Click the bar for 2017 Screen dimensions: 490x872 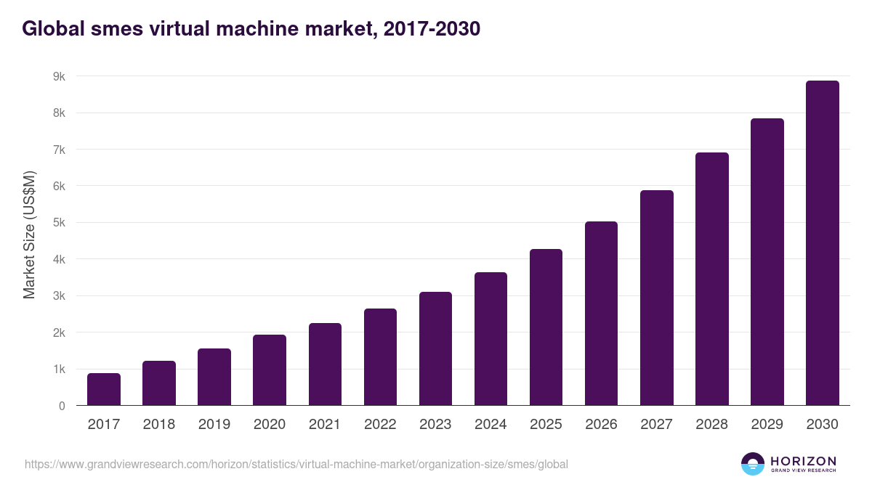(x=104, y=389)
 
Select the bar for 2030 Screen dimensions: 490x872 (x=822, y=243)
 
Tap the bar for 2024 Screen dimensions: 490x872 (x=490, y=339)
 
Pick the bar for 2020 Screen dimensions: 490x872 (x=270, y=370)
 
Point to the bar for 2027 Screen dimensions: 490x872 (x=656, y=298)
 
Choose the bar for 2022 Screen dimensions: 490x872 (x=380, y=357)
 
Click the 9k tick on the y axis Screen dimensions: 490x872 (x=58, y=76)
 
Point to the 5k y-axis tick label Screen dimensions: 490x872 (x=58, y=223)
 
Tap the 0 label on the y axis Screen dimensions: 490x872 (x=62, y=406)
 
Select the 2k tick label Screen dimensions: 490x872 (x=58, y=332)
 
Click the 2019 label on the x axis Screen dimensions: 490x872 (x=214, y=425)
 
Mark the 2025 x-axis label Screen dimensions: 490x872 (x=546, y=425)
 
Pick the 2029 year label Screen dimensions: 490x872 (x=767, y=425)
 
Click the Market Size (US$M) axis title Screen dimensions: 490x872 (x=29, y=234)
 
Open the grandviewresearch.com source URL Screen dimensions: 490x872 (x=296, y=464)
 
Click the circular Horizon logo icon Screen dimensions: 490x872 (x=753, y=464)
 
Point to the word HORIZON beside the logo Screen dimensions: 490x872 (x=803, y=460)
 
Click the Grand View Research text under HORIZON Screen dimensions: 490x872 (x=803, y=471)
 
